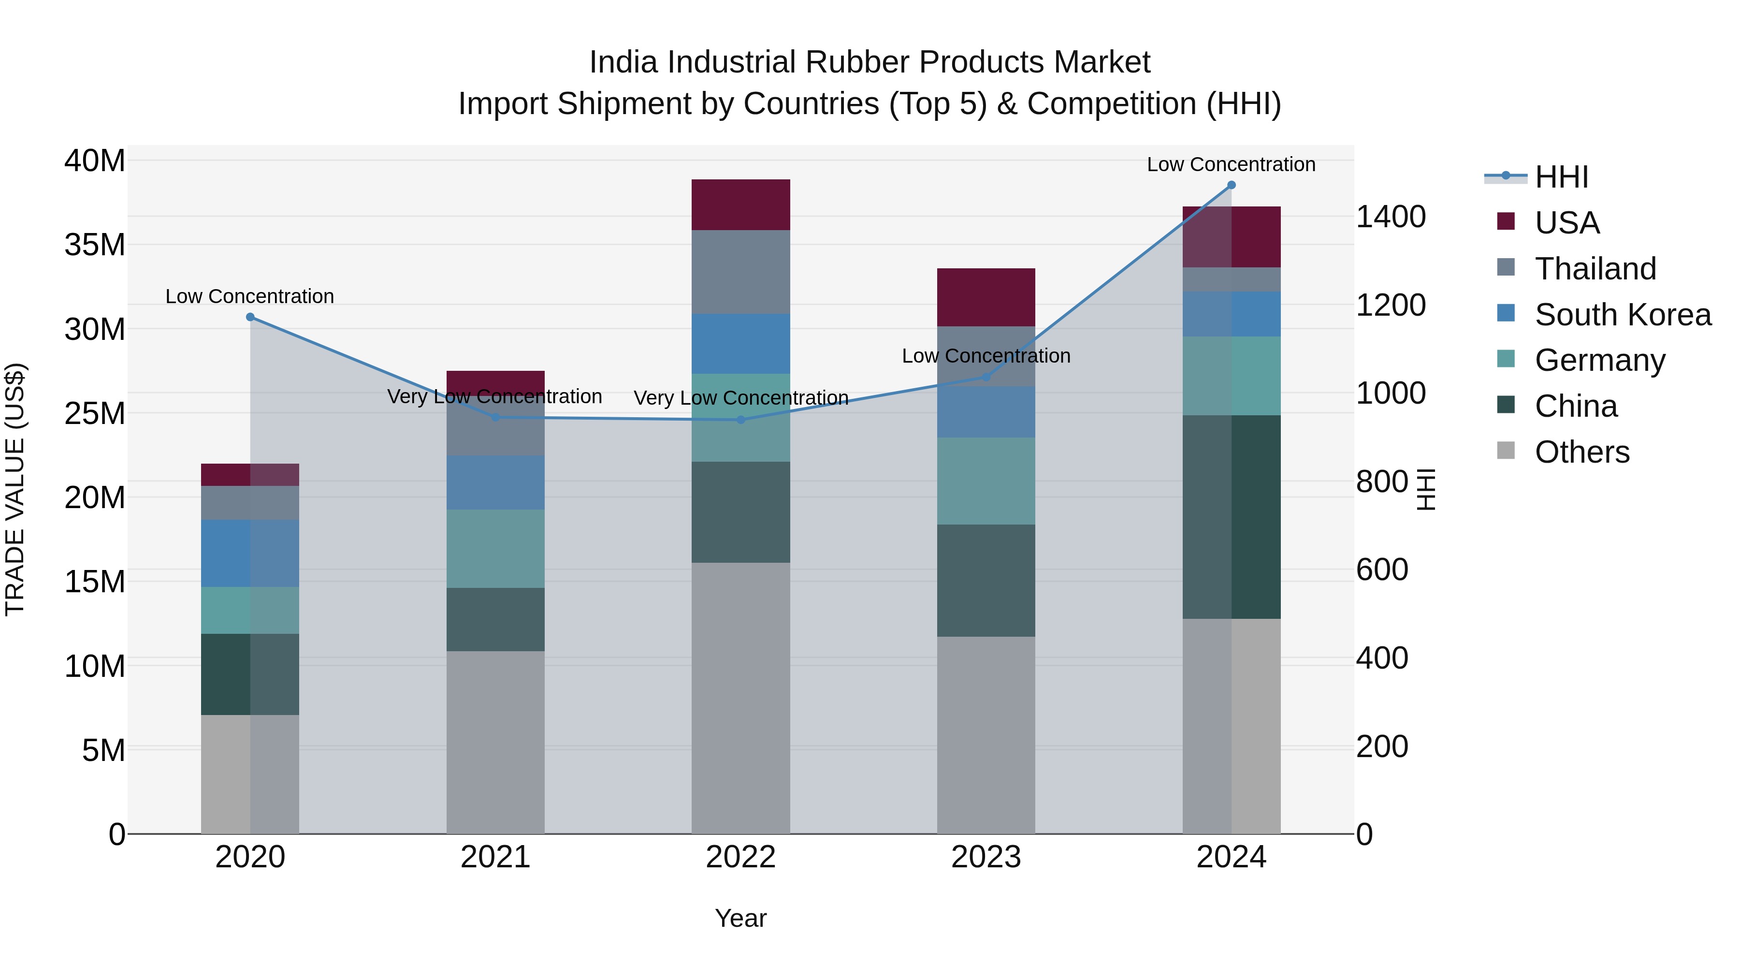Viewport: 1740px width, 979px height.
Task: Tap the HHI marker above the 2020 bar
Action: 250,317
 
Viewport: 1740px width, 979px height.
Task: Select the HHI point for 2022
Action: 740,420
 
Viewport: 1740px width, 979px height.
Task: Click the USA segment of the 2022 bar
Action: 740,205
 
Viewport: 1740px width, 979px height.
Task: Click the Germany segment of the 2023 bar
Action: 986,481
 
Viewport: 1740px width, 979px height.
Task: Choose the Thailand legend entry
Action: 1595,269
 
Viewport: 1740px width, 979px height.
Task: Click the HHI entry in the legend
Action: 1561,177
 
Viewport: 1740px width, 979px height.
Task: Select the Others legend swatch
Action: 1506,451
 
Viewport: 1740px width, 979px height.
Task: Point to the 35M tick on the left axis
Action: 95,245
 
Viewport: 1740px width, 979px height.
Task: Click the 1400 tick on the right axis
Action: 1391,217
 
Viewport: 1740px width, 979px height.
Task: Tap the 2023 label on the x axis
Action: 986,857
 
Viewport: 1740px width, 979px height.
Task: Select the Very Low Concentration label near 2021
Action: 494,396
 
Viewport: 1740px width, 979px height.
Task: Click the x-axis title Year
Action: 740,918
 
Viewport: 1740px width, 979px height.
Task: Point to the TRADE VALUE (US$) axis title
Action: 15,489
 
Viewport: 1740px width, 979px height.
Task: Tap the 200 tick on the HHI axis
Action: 1382,746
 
